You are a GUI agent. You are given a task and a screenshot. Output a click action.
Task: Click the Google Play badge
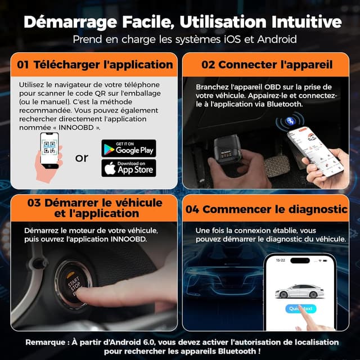128,148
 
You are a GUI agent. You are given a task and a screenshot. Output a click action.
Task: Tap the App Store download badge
128,168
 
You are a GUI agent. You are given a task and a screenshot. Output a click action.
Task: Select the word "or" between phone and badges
82,158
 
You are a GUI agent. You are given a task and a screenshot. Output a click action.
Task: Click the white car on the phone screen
298,291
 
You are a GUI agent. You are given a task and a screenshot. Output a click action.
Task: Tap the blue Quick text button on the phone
301,308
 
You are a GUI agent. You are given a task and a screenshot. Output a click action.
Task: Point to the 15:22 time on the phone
280,260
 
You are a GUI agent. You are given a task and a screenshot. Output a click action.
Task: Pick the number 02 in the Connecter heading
208,64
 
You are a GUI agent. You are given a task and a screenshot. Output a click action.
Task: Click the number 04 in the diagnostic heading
192,209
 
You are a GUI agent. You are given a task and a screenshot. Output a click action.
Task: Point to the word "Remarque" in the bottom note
47,342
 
